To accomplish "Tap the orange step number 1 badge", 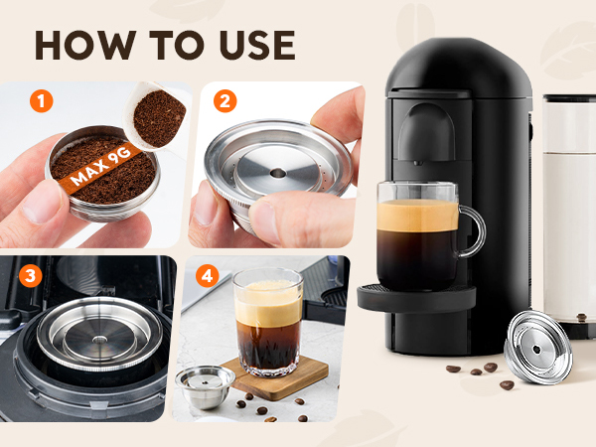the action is coord(41,101).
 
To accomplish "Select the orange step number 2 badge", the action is coord(225,101).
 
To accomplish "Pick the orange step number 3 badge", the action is coord(30,275).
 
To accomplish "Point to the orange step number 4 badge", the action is coord(208,275).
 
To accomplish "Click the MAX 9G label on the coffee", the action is coord(100,167).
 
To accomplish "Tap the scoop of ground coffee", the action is coord(158,117).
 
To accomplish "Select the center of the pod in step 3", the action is coord(99,340).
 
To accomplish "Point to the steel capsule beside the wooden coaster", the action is coord(206,386).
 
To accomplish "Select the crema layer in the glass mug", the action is coord(417,216).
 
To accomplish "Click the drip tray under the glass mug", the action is coord(416,298).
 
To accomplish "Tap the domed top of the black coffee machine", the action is coord(458,67).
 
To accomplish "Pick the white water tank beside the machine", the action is coord(569,213).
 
